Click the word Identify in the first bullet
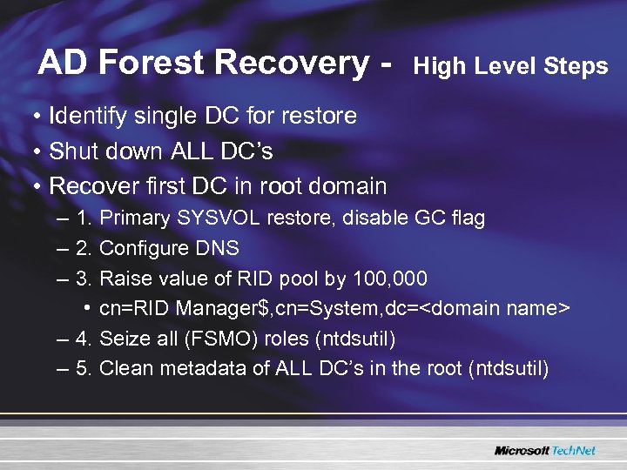pos(91,116)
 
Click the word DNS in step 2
pos(218,248)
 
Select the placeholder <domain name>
pos(499,308)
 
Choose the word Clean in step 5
pos(125,368)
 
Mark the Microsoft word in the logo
pos(522,450)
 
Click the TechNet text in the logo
pos(576,450)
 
